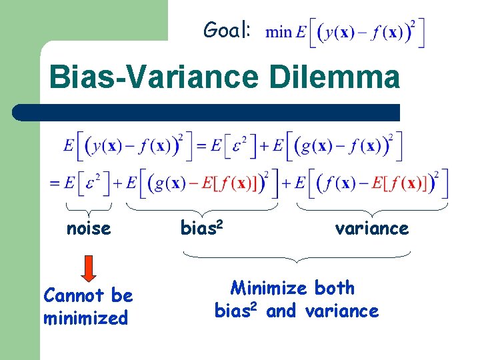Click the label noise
[89, 229]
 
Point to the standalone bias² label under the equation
[201, 228]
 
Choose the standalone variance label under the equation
[371, 229]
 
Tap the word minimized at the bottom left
[85, 318]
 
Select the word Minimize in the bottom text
[269, 288]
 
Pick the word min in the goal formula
[279, 33]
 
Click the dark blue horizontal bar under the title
[207, 112]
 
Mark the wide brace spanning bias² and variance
[297, 255]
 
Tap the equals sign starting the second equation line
[55, 182]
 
